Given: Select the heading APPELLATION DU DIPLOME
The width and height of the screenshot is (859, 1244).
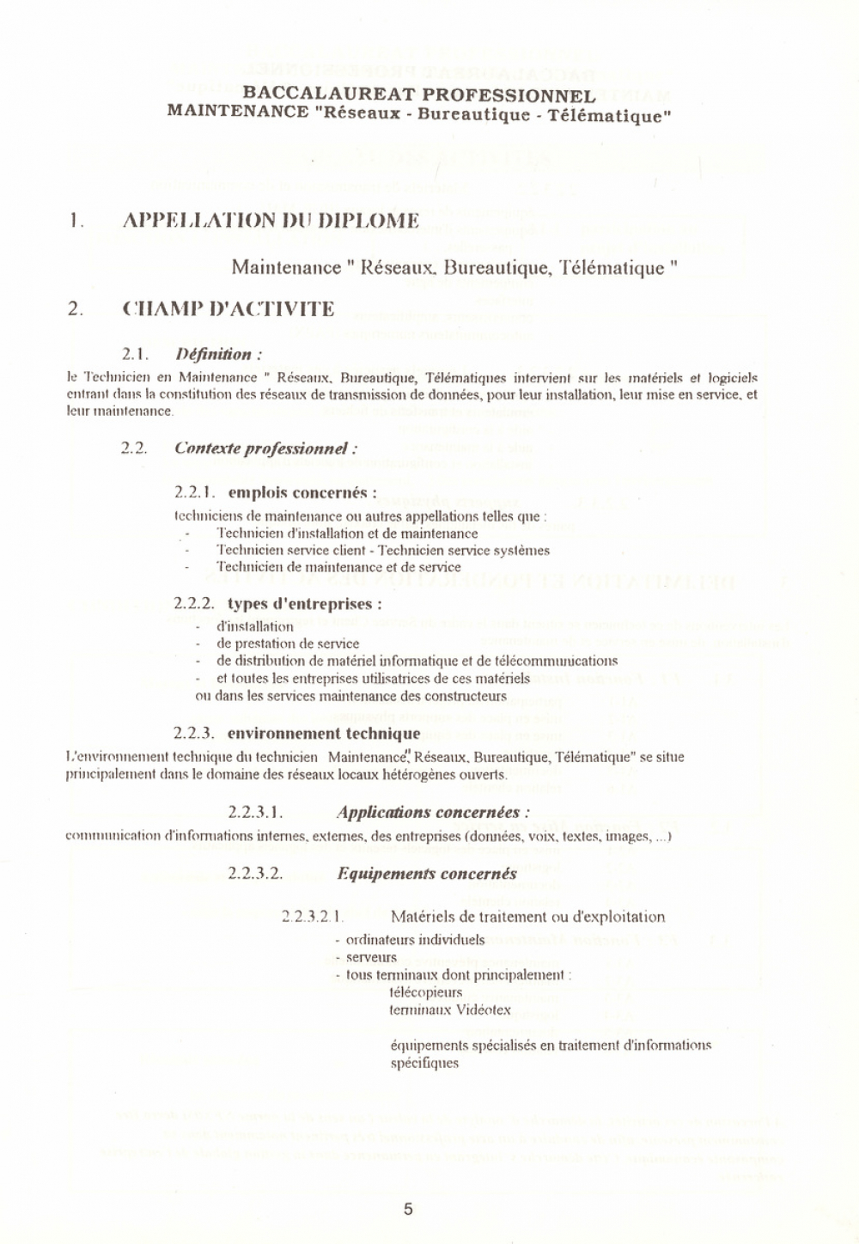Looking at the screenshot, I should [271, 221].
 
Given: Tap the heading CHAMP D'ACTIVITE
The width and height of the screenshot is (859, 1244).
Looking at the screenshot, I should [228, 309].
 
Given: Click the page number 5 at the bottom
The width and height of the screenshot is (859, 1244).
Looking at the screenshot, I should [408, 1209].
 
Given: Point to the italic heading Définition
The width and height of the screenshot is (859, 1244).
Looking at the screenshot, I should [217, 354].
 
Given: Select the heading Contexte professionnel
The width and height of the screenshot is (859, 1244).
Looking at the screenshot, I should [265, 448].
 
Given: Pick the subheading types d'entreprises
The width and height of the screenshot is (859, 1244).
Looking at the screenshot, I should [305, 603].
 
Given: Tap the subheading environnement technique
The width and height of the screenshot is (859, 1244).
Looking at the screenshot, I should [324, 733].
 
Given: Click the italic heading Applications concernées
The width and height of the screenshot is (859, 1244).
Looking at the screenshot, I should [433, 812].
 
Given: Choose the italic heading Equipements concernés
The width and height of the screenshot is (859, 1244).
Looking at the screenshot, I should [427, 874].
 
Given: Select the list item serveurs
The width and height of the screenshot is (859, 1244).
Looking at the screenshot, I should [371, 957].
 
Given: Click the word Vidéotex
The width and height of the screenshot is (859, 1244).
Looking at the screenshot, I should [484, 1009].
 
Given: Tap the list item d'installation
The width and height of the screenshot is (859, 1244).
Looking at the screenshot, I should [255, 626].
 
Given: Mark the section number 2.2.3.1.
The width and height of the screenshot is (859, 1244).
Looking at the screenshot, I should [256, 812].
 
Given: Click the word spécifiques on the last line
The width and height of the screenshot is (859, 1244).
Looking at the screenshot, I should [424, 1063].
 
